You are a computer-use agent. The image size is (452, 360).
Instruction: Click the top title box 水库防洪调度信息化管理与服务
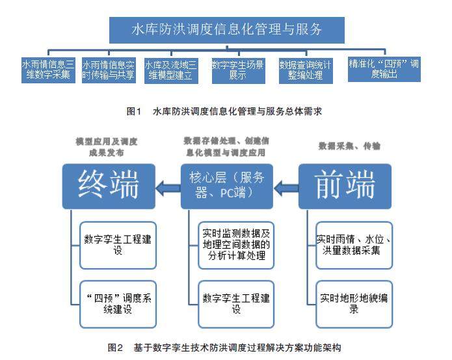pos(227,30)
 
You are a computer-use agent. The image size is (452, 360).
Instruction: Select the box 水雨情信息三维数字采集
pos(48,70)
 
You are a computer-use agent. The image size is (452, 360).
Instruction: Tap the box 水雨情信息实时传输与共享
pos(109,70)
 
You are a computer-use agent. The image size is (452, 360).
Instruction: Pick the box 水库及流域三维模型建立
pos(171,71)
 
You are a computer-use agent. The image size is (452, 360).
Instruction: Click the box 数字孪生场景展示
pos(239,71)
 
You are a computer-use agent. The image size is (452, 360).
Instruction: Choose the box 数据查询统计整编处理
pos(306,71)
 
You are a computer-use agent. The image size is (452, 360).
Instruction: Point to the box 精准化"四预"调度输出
pos(384,69)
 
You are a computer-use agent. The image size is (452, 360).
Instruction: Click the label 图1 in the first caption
pos(134,111)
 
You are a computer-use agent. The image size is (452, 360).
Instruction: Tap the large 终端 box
pos(109,186)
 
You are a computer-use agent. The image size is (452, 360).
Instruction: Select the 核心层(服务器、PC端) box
pos(227,186)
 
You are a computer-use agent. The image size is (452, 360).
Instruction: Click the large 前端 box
pos(345,186)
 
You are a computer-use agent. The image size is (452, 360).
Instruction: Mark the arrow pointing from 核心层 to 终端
pos(168,188)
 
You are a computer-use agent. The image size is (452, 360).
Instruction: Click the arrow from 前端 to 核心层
pos(286,188)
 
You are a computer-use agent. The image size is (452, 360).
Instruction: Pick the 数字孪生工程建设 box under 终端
pos(118,245)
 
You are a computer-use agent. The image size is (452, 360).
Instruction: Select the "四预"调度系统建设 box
pos(118,304)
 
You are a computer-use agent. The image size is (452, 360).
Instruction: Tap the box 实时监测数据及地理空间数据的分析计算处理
pos(236,245)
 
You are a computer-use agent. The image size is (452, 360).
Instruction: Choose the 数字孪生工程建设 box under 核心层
pos(236,304)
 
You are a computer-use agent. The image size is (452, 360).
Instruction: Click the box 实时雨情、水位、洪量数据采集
pos(354,245)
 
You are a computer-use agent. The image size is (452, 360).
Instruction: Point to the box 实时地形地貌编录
pos(354,304)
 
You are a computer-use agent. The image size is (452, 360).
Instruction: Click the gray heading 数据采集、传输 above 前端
pos(349,146)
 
